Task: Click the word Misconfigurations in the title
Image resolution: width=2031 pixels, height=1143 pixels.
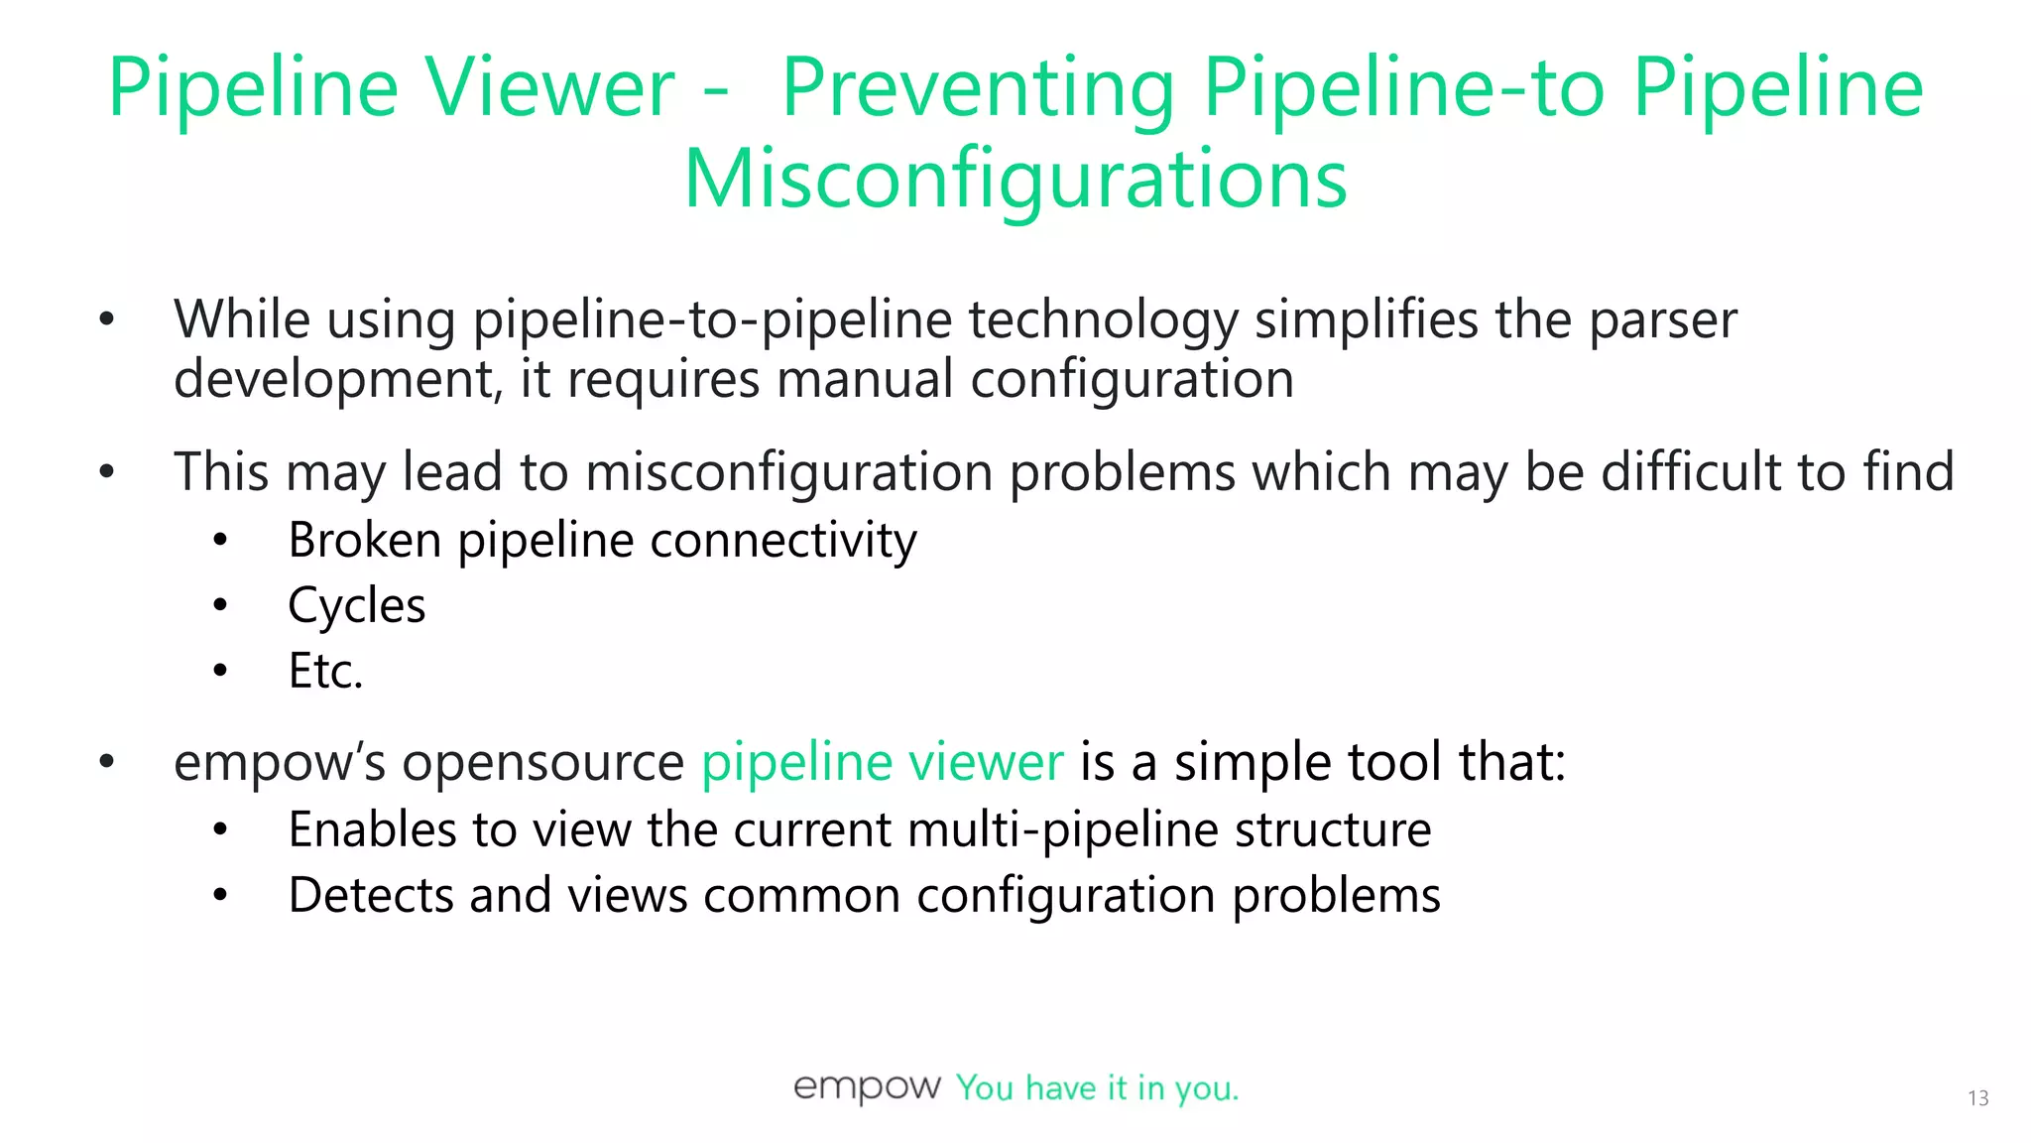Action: pyautogui.click(x=1015, y=180)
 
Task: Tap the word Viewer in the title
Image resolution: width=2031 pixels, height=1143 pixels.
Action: pyautogui.click(x=550, y=88)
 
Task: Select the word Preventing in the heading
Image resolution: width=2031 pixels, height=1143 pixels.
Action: pyautogui.click(x=977, y=88)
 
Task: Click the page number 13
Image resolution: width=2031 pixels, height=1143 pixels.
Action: pyautogui.click(x=1977, y=1098)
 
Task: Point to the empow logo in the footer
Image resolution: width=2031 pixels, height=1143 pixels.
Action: pyautogui.click(x=867, y=1087)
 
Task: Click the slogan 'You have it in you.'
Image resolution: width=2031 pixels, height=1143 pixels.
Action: pyautogui.click(x=1097, y=1088)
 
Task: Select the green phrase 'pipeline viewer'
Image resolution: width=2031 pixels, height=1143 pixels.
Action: pyautogui.click(x=882, y=762)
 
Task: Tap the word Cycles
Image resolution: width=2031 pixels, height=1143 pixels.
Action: pyautogui.click(x=356, y=605)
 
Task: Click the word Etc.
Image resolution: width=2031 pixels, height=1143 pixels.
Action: pyautogui.click(x=325, y=671)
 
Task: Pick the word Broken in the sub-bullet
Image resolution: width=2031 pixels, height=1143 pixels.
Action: pyautogui.click(x=364, y=541)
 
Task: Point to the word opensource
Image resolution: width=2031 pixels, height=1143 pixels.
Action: pyautogui.click(x=542, y=762)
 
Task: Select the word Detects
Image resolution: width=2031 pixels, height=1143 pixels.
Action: pyautogui.click(x=370, y=895)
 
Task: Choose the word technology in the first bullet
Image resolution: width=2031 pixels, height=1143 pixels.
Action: pyautogui.click(x=1103, y=319)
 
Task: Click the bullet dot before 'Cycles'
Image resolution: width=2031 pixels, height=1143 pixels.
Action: pyautogui.click(x=220, y=604)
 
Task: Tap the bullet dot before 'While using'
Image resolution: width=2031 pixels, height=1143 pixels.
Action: pyautogui.click(x=107, y=319)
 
